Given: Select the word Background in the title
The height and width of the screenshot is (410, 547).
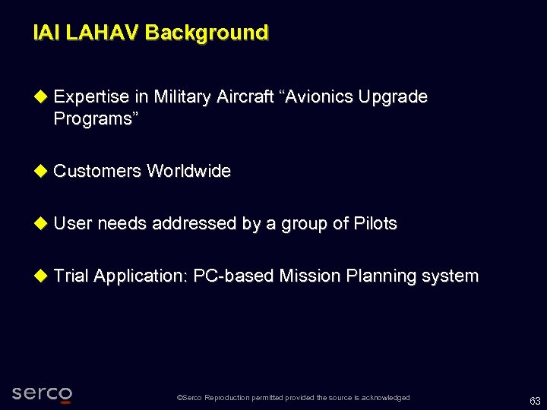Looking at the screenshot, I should point(206,33).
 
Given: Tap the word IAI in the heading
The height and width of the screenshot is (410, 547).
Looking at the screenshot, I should point(47,33).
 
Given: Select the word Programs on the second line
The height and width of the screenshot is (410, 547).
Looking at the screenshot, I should point(91,119).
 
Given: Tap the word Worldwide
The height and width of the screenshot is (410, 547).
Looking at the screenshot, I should point(188,172).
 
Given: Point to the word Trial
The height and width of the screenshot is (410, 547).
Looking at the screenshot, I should point(71,276).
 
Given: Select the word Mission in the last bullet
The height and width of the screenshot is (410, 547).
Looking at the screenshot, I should point(310,276).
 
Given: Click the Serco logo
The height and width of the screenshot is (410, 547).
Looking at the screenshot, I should point(42,393).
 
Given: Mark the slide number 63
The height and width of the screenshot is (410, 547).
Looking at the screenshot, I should point(535,402).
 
